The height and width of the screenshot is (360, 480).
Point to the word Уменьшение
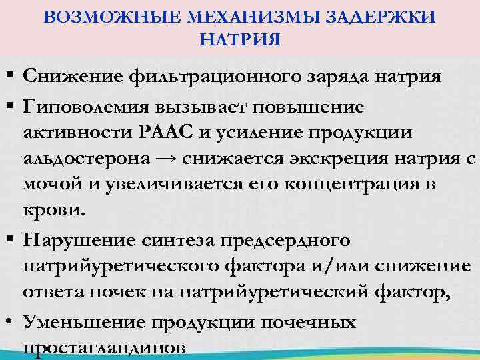[x=81, y=322]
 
